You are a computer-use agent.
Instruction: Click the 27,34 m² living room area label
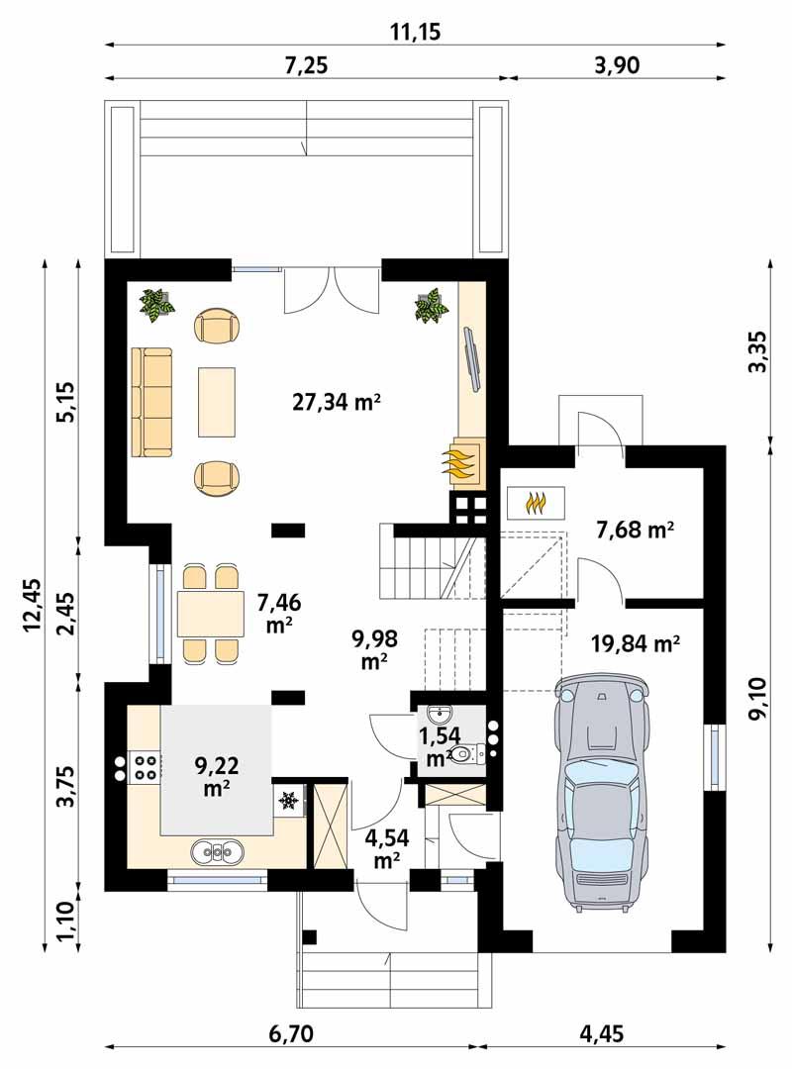(x=337, y=401)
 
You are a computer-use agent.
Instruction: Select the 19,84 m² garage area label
(x=635, y=644)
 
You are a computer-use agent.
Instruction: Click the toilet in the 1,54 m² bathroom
(x=468, y=754)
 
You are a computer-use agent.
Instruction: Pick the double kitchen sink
(x=215, y=849)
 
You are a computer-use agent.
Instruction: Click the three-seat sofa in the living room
(x=151, y=402)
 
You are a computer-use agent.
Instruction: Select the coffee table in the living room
(x=217, y=401)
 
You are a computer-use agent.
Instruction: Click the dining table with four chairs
(x=211, y=614)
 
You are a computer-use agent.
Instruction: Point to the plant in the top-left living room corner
(x=156, y=304)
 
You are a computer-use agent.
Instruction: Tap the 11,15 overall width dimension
(x=414, y=33)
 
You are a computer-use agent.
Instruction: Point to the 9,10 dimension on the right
(x=760, y=699)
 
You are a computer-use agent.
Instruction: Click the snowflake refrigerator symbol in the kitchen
(x=289, y=798)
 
